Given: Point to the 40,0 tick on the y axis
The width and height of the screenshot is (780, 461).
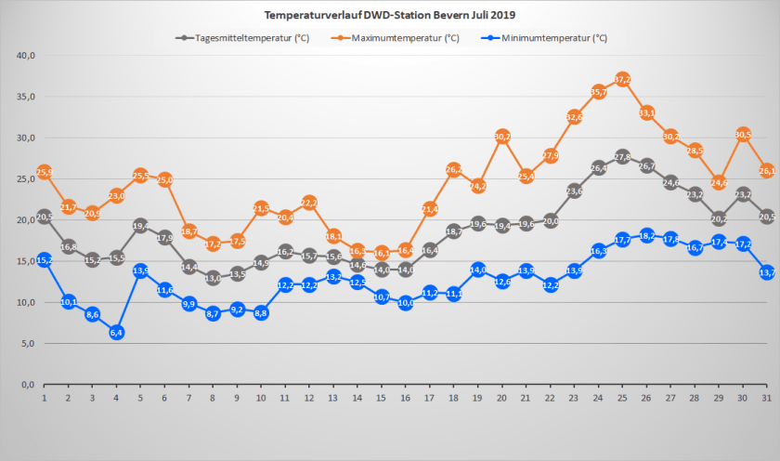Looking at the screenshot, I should (x=26, y=56).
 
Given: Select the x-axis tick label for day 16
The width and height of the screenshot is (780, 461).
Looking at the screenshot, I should (x=406, y=398).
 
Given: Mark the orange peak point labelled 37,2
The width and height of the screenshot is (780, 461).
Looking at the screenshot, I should (x=622, y=79).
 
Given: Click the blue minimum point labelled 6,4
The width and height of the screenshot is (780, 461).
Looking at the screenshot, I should (x=116, y=332).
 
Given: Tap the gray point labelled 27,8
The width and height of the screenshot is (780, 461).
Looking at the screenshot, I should (x=622, y=156).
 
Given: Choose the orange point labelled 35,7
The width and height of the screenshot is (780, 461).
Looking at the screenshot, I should (x=598, y=91).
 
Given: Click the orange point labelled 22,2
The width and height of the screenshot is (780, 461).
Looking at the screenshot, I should (x=309, y=202).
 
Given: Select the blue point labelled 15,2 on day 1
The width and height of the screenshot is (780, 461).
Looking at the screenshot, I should (x=44, y=259).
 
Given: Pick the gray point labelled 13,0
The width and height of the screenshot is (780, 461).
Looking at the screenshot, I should (x=213, y=277).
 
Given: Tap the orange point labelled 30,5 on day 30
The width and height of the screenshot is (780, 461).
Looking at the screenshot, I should (x=743, y=134).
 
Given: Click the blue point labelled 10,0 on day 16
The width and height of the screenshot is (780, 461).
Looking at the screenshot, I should (x=406, y=302).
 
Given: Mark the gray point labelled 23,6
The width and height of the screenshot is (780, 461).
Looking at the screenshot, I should (x=574, y=191).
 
